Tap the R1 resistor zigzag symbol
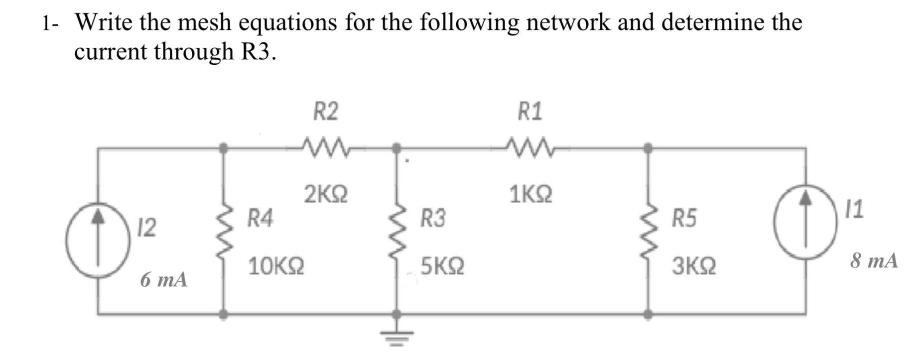[x=529, y=147]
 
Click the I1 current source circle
[x=805, y=222]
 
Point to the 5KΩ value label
[x=442, y=266]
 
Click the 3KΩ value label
[x=693, y=266]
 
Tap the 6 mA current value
[x=164, y=280]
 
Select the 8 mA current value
[x=874, y=260]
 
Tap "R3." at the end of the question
[x=258, y=51]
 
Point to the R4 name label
[x=261, y=218]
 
